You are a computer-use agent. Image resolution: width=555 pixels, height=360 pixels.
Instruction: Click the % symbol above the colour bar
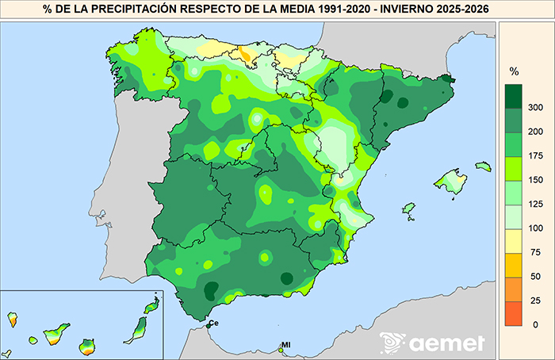(513, 71)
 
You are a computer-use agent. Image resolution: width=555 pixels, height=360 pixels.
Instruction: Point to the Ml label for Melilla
(286, 345)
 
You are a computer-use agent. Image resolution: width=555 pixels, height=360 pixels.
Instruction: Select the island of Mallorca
(453, 181)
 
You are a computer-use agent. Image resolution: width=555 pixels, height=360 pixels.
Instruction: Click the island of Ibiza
(409, 209)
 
